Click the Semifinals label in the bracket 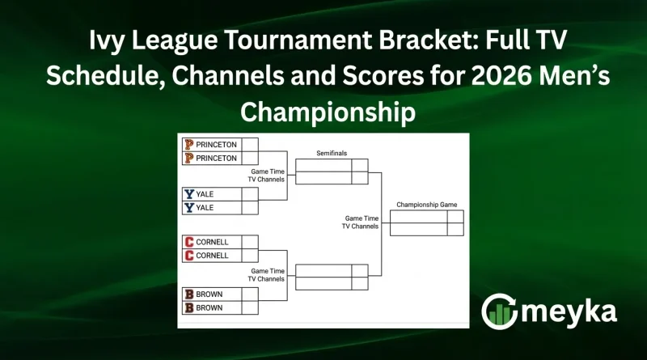point(332,153)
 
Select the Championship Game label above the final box point(427,205)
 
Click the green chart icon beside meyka point(498,311)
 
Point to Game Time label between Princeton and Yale point(268,171)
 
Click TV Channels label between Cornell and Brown point(266,278)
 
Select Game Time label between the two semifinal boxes point(362,218)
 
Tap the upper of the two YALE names point(205,194)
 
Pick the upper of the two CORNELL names point(212,242)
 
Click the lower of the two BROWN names point(209,308)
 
